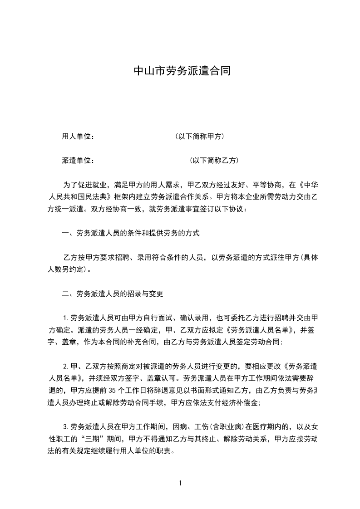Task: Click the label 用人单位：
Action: coord(78,137)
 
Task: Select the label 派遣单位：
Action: coord(78,161)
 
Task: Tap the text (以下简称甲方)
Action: coord(199,137)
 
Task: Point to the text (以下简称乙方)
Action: coord(214,161)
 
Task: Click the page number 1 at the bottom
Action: coord(180,483)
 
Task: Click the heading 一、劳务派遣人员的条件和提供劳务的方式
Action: coord(131,234)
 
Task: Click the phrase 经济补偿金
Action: coord(240,403)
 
